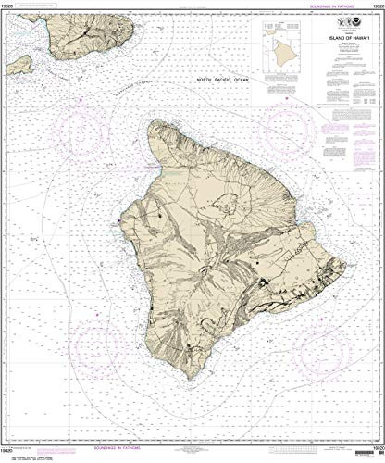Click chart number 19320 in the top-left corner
point(11,6)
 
